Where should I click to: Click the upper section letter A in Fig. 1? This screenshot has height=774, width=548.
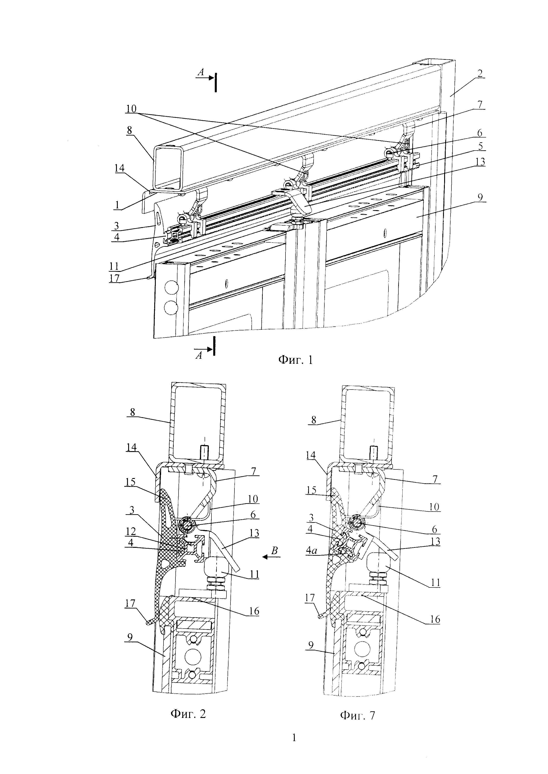[201, 72]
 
